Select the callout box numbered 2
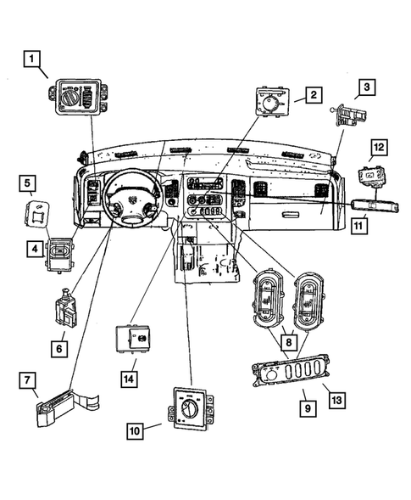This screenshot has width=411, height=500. click(x=313, y=95)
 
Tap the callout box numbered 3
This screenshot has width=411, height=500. click(x=367, y=87)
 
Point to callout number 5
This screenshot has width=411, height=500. click(x=28, y=183)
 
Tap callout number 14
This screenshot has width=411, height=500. click(x=129, y=374)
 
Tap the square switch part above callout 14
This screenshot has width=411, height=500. click(x=133, y=340)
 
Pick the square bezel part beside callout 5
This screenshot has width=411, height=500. click(x=38, y=213)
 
